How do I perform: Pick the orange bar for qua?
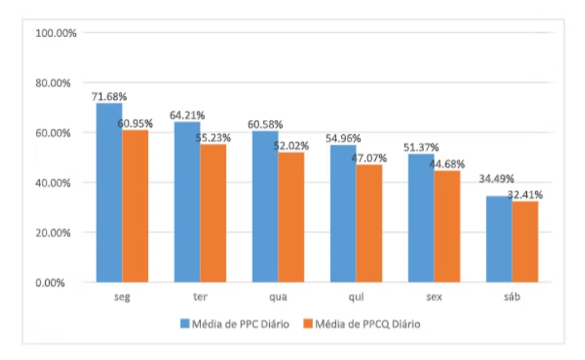[291, 217]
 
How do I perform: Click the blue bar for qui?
[343, 214]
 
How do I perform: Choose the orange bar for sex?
[447, 226]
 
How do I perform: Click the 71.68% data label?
[109, 97]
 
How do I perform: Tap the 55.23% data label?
[214, 138]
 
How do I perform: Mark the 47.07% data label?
[370, 158]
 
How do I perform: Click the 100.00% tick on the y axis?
[56, 33]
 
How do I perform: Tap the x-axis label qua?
[278, 298]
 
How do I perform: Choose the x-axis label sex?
[434, 298]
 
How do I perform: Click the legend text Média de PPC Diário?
[241, 324]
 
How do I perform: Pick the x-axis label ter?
[200, 298]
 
